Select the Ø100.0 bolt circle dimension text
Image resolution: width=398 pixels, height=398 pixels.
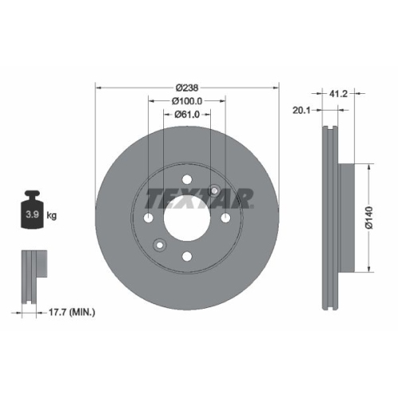187,101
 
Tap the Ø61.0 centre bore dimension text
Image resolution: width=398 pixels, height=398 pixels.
187,115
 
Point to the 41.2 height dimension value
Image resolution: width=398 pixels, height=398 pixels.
338,92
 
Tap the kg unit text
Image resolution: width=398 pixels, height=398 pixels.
52,215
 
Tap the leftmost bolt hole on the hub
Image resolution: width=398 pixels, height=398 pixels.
148,218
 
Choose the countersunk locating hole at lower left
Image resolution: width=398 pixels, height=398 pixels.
159,245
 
